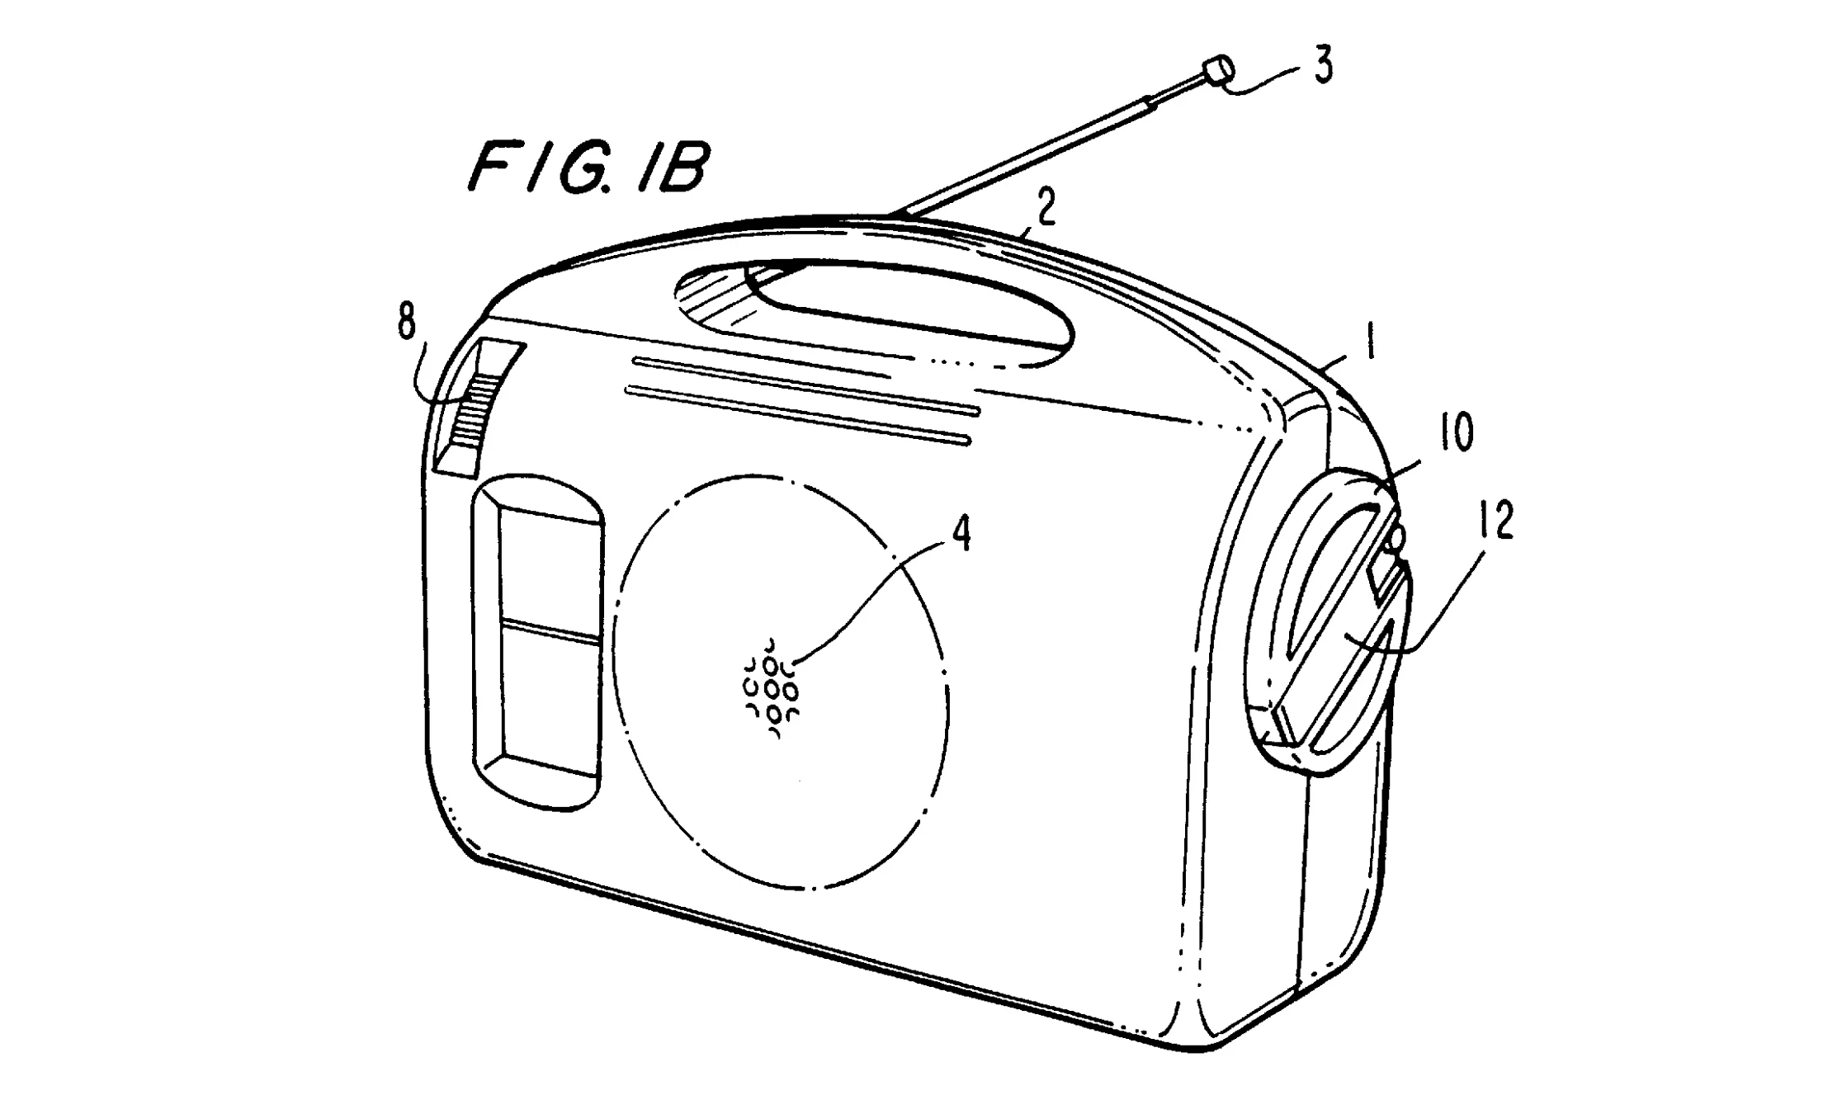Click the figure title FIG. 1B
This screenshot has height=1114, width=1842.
coord(588,168)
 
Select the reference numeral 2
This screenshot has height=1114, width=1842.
coord(1046,210)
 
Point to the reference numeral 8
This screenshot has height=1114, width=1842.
coord(406,322)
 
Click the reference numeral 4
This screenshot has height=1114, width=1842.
coord(961,535)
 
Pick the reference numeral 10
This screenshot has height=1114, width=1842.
coord(1456,432)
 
